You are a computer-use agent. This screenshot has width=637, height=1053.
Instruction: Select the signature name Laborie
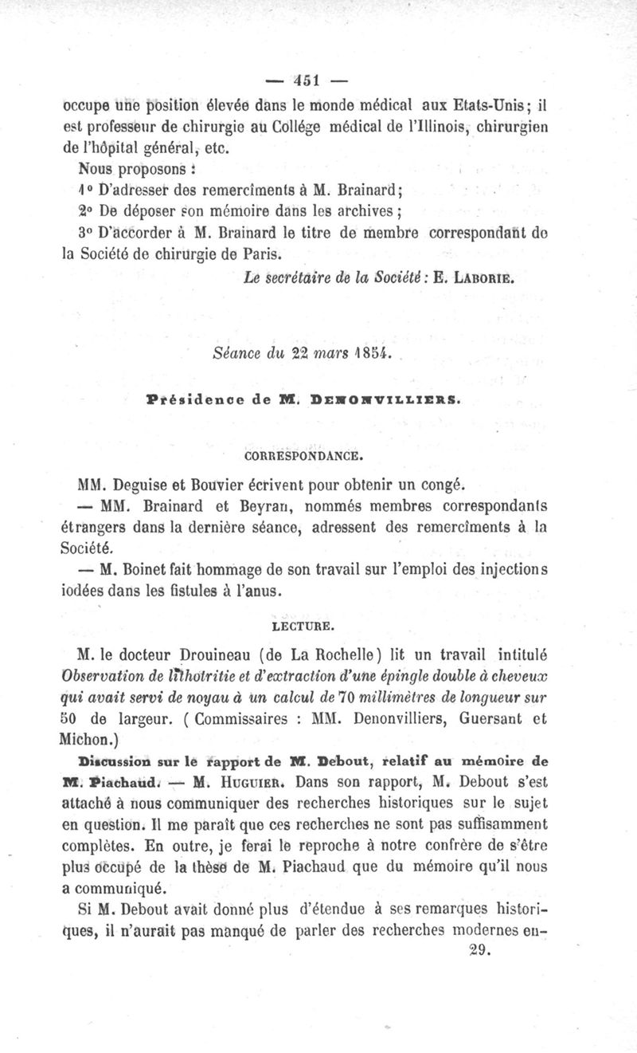tap(483, 280)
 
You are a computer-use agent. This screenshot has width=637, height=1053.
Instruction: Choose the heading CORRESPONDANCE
tap(302, 456)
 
